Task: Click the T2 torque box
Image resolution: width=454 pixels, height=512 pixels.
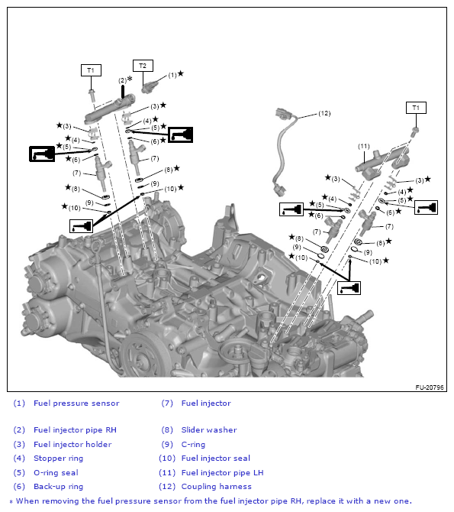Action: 143,66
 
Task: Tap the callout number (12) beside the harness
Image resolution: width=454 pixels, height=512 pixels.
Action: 324,113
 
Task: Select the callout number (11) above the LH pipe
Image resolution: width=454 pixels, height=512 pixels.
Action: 364,146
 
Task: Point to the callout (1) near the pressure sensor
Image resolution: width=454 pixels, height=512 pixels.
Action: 172,75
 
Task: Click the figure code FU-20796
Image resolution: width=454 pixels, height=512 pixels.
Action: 430,387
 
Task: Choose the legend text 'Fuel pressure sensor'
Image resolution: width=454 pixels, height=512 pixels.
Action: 76,403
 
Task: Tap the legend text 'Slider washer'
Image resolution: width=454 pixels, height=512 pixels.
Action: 209,430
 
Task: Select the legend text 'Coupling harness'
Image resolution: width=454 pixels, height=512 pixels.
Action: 216,487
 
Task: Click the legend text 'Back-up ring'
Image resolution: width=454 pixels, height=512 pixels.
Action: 59,487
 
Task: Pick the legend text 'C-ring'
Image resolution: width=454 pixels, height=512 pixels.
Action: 193,445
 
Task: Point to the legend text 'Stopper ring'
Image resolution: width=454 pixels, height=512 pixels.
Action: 59,459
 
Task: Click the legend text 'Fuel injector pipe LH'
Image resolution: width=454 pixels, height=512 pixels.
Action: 223,472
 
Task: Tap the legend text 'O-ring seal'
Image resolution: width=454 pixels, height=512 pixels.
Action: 56,472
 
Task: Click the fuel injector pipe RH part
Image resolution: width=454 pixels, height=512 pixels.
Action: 110,109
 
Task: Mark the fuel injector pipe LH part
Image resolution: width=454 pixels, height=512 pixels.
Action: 382,162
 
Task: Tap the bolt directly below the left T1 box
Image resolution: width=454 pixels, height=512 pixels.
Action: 92,96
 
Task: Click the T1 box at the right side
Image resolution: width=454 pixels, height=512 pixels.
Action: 416,108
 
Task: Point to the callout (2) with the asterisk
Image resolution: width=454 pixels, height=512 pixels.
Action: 125,79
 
